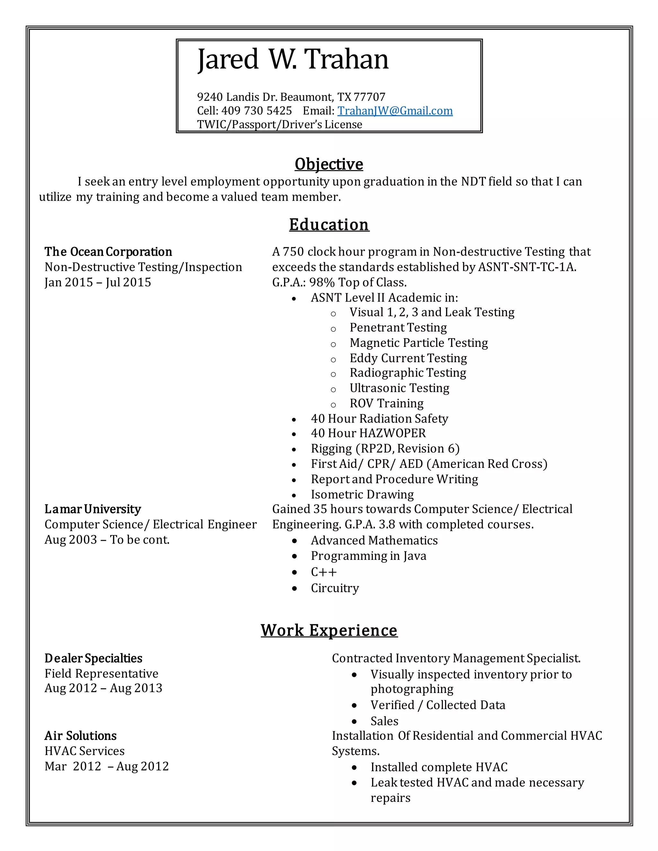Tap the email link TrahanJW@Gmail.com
pos(395,111)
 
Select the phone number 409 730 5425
pos(256,111)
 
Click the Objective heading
pos(329,164)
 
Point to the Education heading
pos(329,225)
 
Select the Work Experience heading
pos(329,630)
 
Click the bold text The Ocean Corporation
pos(108,252)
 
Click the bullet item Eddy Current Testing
pos(408,358)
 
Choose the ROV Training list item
pos(386,403)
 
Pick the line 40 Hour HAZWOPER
pos(368,433)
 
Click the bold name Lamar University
pos(93,509)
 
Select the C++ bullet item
pos(323,572)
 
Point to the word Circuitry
pos(334,588)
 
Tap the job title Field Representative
pos(101,673)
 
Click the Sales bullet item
pos(384,721)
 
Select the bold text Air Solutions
pos(80,736)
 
